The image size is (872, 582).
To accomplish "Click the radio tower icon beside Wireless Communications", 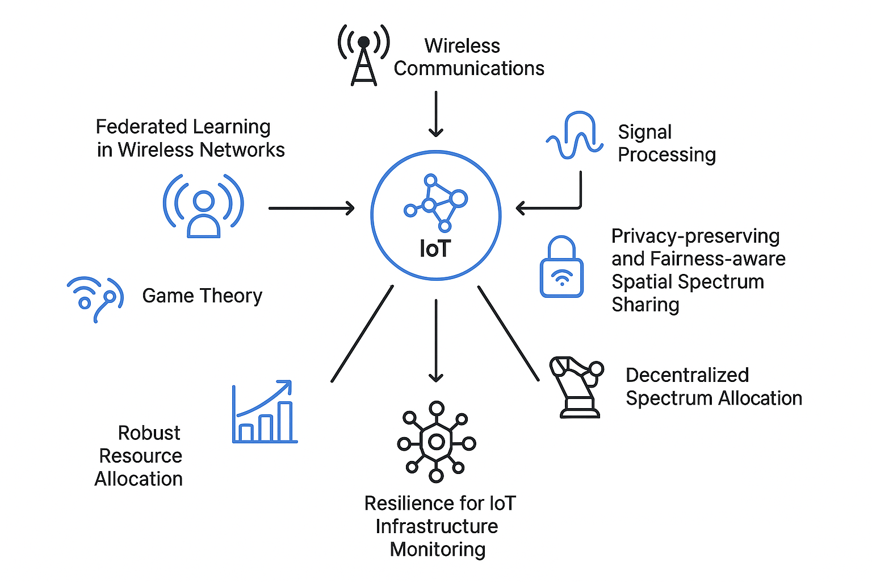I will coord(364,55).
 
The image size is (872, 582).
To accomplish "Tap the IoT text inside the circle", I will coord(435,249).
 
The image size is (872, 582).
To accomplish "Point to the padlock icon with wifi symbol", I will coord(561,267).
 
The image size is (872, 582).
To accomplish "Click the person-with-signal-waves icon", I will coord(203,206).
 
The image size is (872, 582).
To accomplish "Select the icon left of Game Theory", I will coord(95,299).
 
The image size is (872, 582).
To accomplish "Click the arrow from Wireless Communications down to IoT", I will coord(436,114).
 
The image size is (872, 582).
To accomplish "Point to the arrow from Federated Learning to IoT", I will coord(311,209).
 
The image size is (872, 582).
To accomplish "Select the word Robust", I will coord(149,433).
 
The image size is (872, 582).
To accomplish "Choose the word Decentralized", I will coord(687,375).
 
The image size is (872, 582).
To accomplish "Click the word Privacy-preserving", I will coord(695,236).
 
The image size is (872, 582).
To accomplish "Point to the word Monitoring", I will coord(438,550).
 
